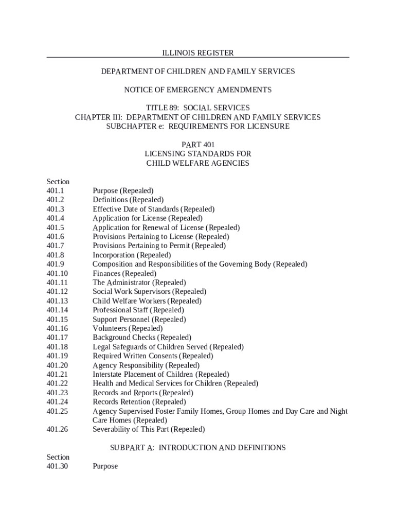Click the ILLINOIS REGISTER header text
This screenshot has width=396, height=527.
(x=198, y=53)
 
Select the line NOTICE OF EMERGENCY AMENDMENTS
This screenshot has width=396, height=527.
(x=198, y=90)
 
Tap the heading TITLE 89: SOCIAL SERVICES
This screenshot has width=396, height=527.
(x=198, y=108)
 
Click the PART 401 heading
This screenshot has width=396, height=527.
(x=198, y=145)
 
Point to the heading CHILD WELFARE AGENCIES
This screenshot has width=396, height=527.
(x=198, y=163)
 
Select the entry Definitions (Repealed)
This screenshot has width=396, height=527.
(x=128, y=200)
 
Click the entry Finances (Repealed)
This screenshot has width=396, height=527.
(x=124, y=273)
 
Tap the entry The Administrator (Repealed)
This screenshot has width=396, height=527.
(x=139, y=283)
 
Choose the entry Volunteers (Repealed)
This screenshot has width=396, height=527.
(x=128, y=328)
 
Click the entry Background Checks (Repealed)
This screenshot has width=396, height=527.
(x=142, y=338)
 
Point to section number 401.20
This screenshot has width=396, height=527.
(x=57, y=365)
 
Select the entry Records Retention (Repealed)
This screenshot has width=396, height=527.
(x=139, y=402)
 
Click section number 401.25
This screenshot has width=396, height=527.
(x=57, y=411)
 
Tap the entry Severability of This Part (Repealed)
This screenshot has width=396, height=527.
(x=149, y=429)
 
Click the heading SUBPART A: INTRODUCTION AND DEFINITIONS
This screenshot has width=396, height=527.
(x=198, y=448)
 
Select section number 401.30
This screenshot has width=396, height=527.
(x=57, y=466)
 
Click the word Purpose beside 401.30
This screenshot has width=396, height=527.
(x=105, y=466)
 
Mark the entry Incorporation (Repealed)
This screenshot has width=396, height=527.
(x=132, y=255)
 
